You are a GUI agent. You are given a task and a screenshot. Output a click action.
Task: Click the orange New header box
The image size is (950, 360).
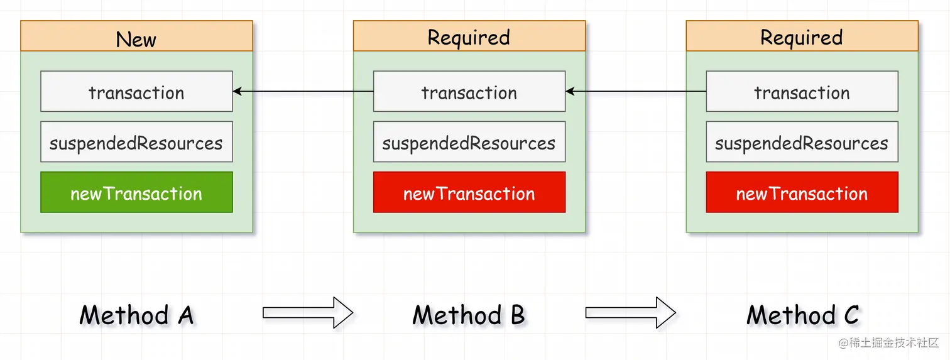[x=136, y=36]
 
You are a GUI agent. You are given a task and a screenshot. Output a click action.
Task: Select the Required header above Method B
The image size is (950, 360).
[x=469, y=36]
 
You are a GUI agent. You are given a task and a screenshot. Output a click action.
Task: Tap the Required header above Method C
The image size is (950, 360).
[x=802, y=36]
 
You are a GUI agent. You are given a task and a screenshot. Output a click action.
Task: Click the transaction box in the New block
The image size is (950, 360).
[x=136, y=92]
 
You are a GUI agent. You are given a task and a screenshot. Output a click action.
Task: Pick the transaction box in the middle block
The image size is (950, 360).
[x=469, y=92]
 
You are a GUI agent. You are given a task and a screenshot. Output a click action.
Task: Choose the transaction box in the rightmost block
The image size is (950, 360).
[x=802, y=92]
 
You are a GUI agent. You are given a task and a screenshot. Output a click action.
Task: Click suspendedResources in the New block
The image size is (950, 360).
[x=136, y=142]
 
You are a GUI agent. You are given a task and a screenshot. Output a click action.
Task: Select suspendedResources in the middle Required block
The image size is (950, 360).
[x=469, y=142]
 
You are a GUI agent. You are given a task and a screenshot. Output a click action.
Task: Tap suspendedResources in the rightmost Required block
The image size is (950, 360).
[x=802, y=142]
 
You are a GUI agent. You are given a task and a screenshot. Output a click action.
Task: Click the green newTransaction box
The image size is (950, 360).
[x=136, y=192]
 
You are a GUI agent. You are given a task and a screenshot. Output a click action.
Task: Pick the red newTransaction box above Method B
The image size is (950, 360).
[x=469, y=192]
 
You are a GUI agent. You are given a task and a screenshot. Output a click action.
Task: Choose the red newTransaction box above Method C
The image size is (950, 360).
[x=802, y=192]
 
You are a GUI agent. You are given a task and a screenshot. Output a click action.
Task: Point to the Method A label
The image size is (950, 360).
[x=136, y=315]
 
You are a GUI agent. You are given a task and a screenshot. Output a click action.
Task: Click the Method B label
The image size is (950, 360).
[x=469, y=315]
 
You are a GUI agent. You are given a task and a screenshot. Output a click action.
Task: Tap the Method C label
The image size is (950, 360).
[x=802, y=315]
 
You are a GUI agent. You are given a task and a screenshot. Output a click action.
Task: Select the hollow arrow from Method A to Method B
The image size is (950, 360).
[x=308, y=312]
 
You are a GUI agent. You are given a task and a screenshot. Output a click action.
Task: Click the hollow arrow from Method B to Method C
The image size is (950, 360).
[x=630, y=312]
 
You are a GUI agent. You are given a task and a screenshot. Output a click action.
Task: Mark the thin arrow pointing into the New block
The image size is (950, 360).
[x=303, y=92]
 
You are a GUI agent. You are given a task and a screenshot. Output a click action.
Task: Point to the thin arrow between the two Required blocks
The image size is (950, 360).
[x=635, y=92]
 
